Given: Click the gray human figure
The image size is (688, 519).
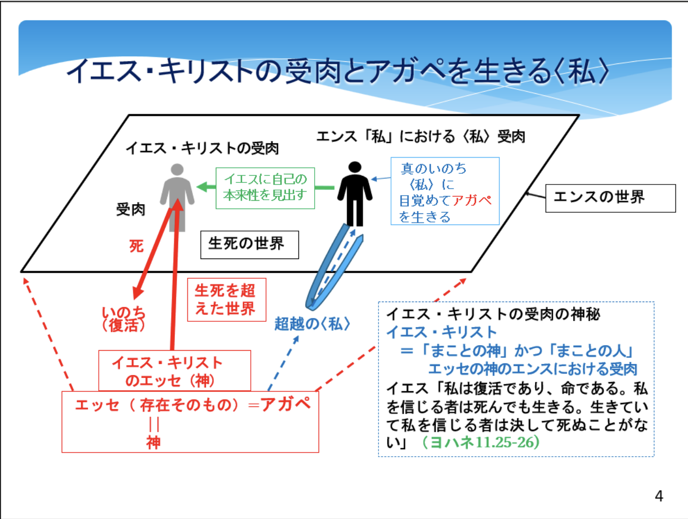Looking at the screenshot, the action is click(x=177, y=198).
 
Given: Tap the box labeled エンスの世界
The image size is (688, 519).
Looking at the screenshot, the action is click(x=610, y=198).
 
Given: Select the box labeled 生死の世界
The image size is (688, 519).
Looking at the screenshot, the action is click(x=249, y=245).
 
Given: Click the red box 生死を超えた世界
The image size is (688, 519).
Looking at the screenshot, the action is click(x=226, y=300).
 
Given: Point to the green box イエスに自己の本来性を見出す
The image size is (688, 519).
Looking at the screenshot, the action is click(x=265, y=188).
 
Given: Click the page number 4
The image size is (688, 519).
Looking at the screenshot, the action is click(x=659, y=496).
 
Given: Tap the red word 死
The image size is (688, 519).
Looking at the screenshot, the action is click(x=137, y=246).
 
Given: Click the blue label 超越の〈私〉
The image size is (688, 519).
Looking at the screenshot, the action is click(x=312, y=324).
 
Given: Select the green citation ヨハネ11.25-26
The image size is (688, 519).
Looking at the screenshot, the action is click(x=481, y=442).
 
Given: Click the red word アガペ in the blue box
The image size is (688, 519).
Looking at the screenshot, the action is click(x=472, y=201).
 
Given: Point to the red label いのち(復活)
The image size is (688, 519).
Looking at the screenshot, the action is click(x=124, y=319).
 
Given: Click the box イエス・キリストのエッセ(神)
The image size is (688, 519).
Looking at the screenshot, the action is click(x=175, y=370).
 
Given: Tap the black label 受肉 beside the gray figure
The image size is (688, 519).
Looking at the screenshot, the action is click(x=131, y=209).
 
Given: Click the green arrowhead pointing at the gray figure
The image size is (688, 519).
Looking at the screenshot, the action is click(x=202, y=187).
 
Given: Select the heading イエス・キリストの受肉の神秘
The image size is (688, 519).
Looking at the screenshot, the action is click(x=493, y=314).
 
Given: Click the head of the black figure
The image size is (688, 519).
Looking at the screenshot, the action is click(x=355, y=167).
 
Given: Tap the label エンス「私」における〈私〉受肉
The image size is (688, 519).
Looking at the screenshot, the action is click(x=421, y=137).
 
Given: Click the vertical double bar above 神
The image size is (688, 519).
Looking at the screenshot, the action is click(x=154, y=424).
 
